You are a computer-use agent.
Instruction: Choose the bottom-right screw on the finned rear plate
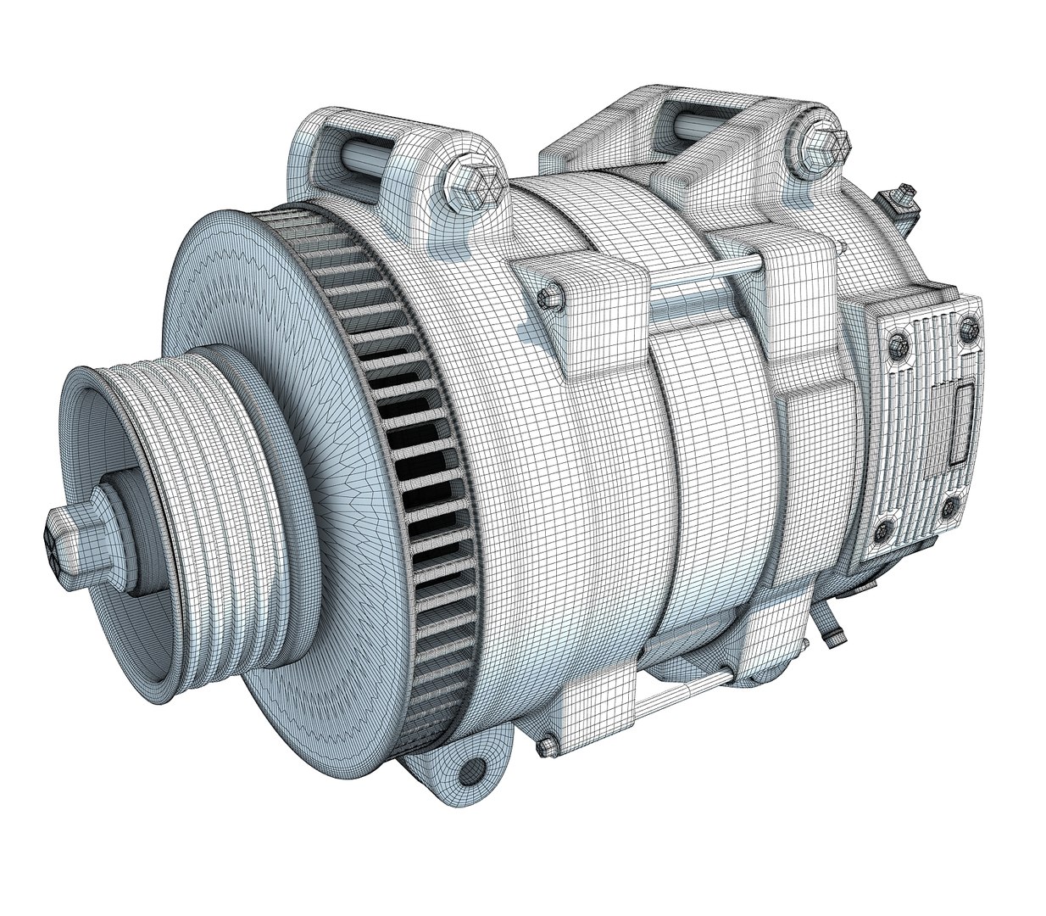(x=954, y=506)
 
